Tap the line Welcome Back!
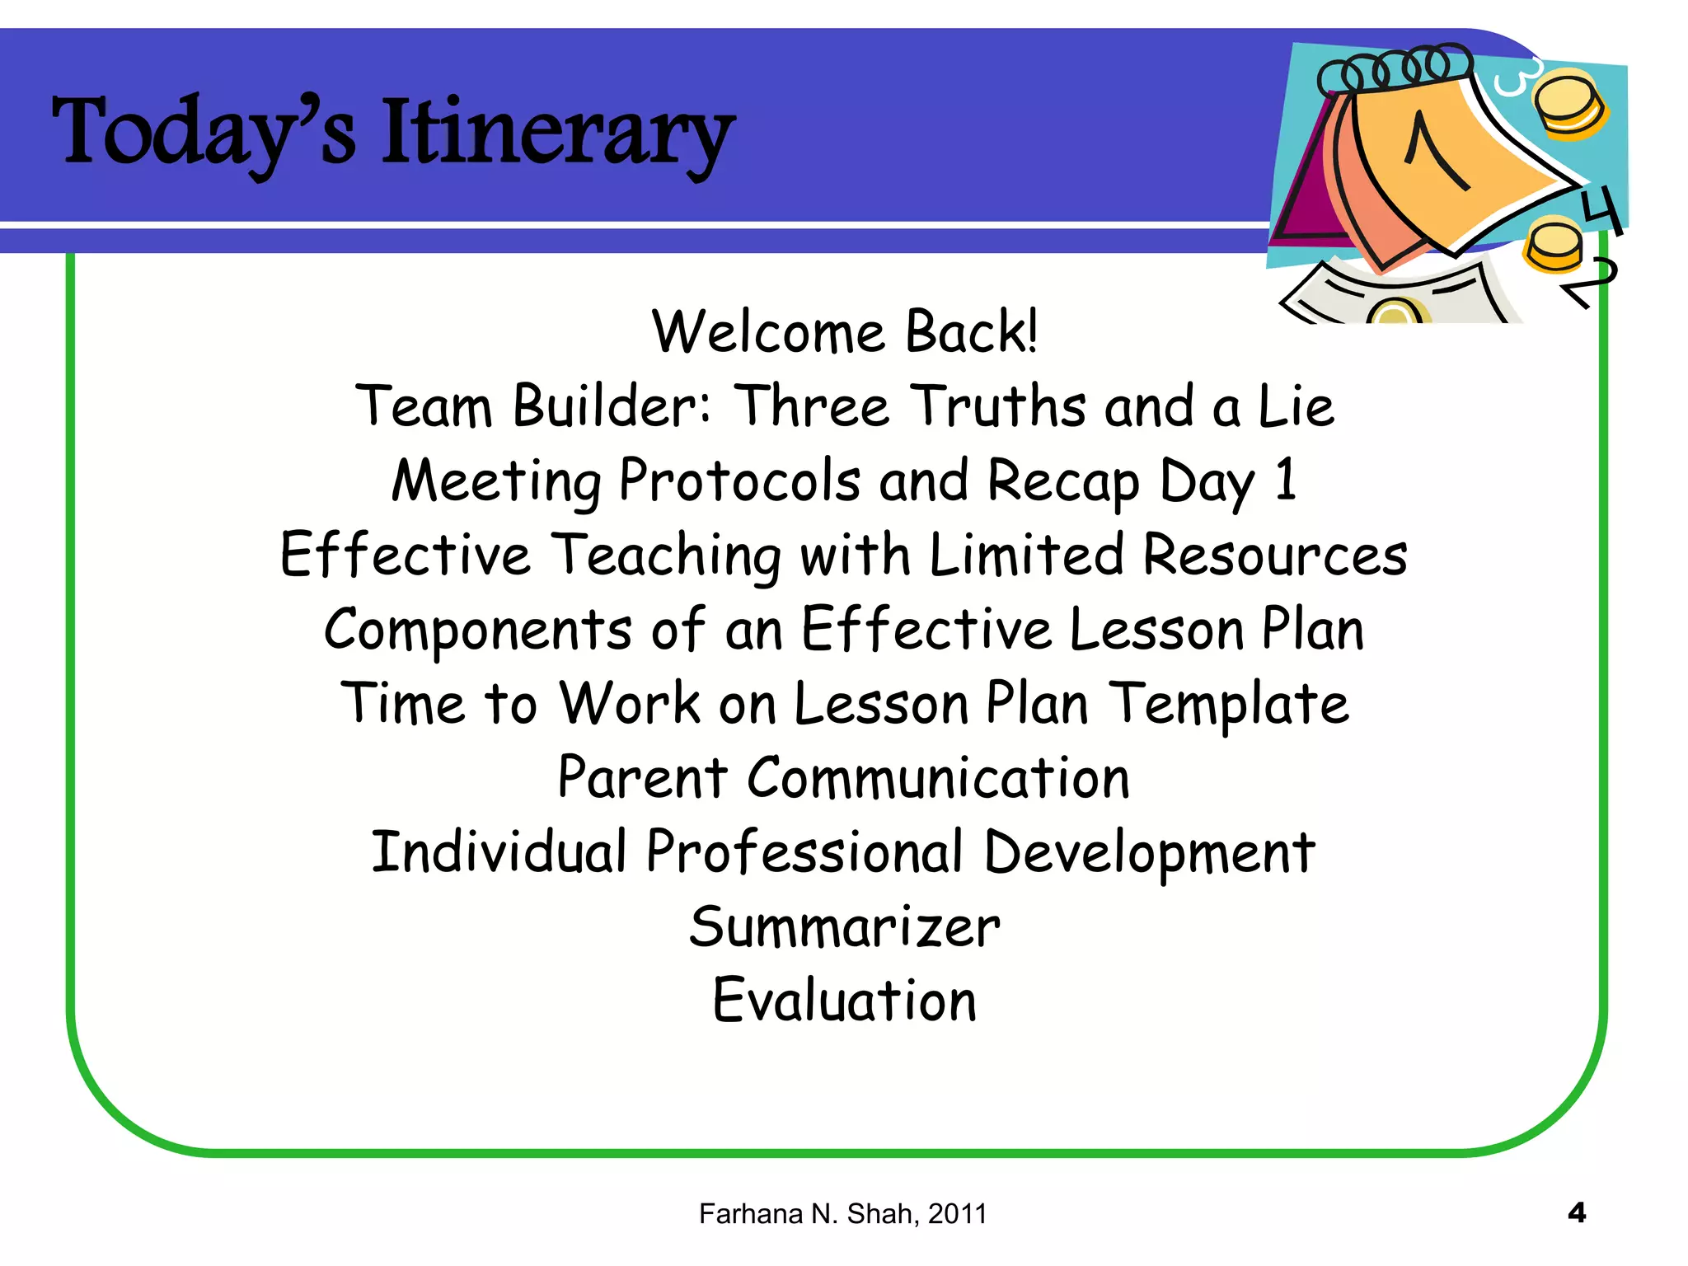[844, 332]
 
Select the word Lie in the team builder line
[1295, 406]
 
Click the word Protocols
[739, 481]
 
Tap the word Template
[1228, 705]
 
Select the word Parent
[642, 778]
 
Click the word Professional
[804, 852]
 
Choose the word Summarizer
[844, 927]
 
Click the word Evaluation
[844, 1001]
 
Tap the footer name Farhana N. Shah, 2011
[842, 1213]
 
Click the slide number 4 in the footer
[1576, 1212]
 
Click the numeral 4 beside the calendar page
[1601, 210]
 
